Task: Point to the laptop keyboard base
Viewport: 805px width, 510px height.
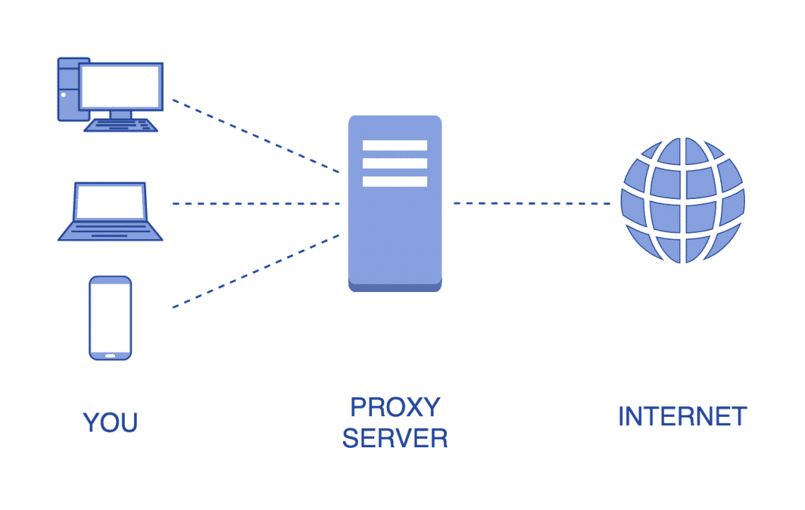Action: point(110,231)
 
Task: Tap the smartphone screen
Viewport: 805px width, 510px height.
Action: point(110,315)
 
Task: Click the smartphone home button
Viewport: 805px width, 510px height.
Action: point(110,355)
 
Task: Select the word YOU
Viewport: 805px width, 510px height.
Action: point(110,423)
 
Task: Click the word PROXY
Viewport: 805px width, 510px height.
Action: point(395,408)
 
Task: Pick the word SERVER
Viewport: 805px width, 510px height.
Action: point(395,439)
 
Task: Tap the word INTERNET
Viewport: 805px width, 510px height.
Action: point(682,416)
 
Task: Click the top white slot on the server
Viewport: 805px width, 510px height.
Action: point(395,145)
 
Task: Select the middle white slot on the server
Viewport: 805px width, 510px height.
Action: point(395,164)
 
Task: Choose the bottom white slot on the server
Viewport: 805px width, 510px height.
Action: point(395,181)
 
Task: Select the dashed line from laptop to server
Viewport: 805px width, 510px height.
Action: point(256,203)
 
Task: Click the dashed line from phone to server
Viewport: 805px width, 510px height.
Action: point(256,272)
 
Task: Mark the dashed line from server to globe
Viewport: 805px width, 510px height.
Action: point(531,203)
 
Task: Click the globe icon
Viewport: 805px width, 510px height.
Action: point(682,200)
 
